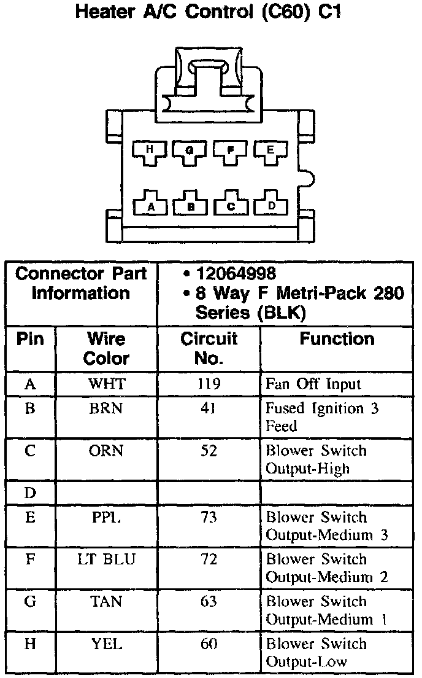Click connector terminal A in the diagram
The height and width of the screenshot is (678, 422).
(x=150, y=206)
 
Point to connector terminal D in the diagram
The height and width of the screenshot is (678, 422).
(x=270, y=206)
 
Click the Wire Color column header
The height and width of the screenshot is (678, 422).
(x=106, y=348)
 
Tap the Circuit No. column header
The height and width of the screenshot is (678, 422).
(x=209, y=348)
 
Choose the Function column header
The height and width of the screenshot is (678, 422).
(x=336, y=339)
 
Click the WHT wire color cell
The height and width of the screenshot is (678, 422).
(x=106, y=384)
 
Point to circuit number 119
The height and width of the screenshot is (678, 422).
(x=209, y=384)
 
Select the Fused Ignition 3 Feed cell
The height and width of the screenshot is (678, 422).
(x=322, y=417)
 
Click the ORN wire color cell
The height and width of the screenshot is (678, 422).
(x=106, y=451)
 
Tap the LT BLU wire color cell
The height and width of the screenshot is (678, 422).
(x=106, y=559)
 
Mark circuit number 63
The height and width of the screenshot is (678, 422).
(x=209, y=602)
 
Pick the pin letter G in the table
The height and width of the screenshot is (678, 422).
(x=30, y=602)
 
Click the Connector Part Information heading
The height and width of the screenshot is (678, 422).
(x=81, y=283)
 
